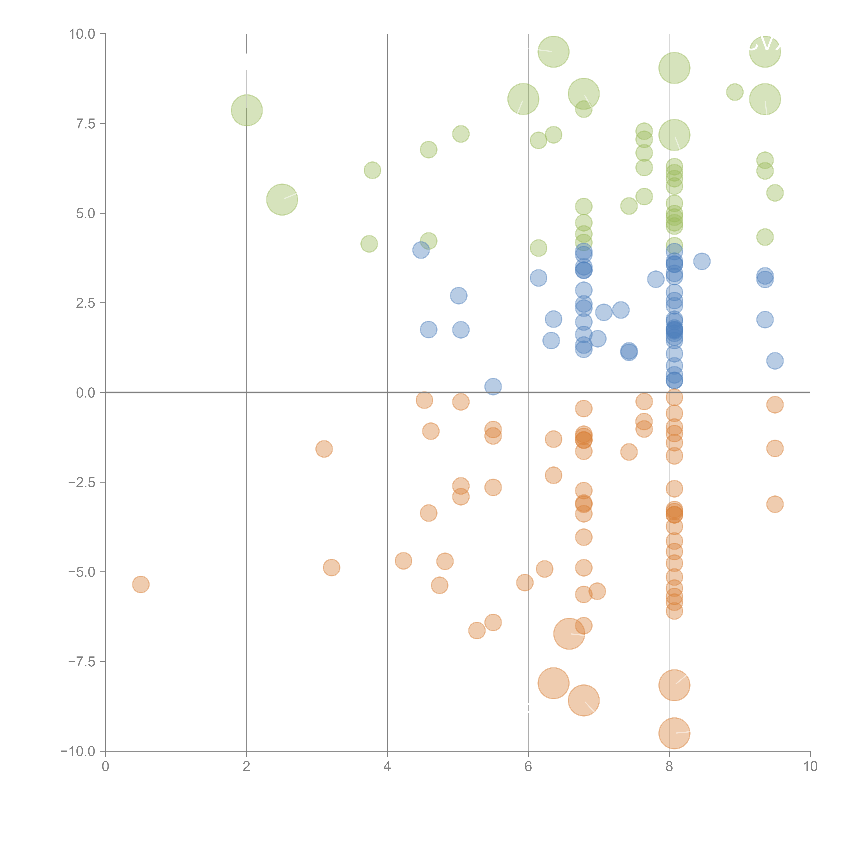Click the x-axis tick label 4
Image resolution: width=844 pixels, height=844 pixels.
[387, 766]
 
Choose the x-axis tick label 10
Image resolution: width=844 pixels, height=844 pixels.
[810, 766]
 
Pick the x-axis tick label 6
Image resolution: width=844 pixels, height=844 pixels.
[528, 766]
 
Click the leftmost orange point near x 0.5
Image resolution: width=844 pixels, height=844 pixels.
[141, 585]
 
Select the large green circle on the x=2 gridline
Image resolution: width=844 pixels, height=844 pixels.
[247, 110]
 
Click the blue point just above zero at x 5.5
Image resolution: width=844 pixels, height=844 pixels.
[493, 387]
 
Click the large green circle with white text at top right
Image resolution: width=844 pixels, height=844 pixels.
[765, 51]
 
